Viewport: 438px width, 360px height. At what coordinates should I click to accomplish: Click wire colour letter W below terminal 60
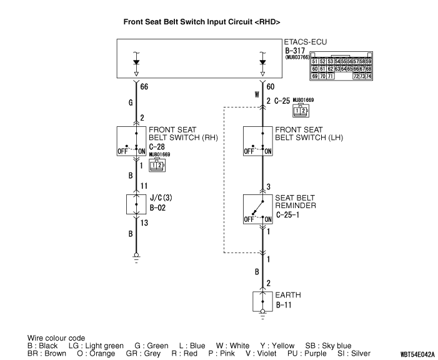click(256, 95)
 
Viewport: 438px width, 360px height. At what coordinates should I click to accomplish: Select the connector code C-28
click(157, 147)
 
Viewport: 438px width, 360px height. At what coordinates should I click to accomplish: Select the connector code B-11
click(284, 306)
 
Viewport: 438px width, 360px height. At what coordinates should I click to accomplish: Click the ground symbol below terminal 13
click(136, 256)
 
